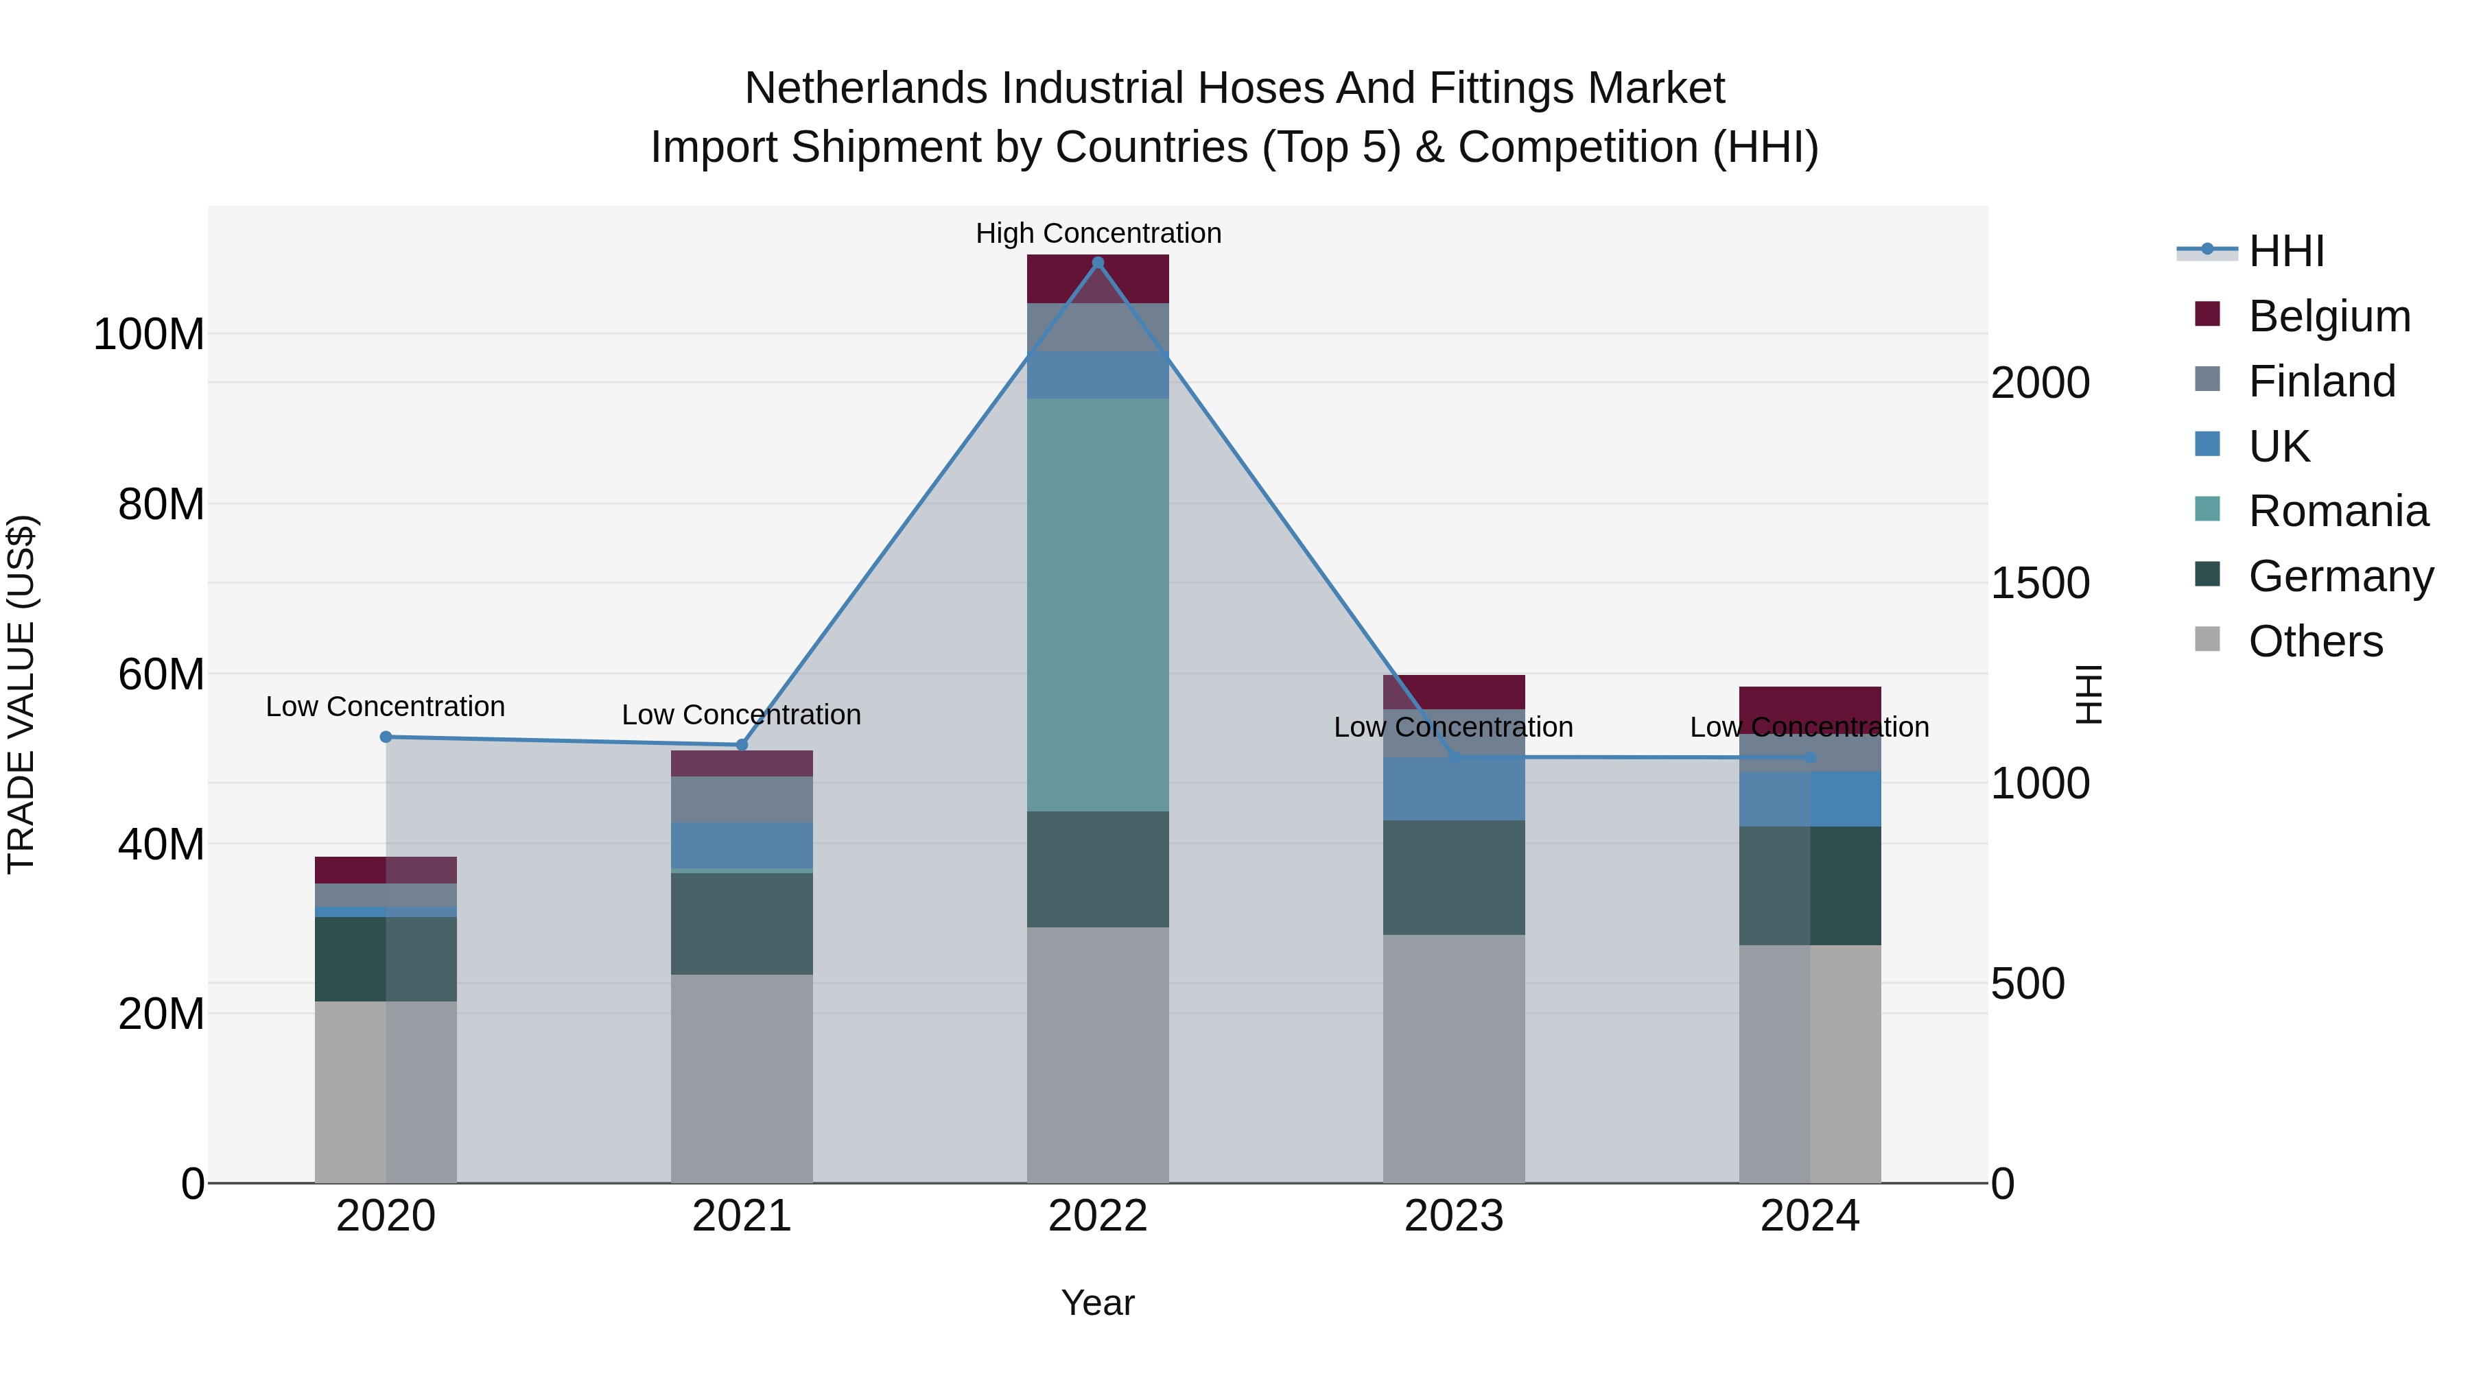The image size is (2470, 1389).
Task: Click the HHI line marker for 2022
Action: click(x=1098, y=262)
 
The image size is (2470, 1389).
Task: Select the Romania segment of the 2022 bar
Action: click(x=1098, y=604)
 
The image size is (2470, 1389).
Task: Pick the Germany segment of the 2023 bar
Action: click(x=1454, y=877)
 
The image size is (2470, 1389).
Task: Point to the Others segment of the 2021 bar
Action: click(x=741, y=1078)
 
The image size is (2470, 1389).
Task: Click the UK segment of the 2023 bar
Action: click(x=1454, y=789)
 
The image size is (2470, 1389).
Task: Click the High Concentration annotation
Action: click(x=1098, y=233)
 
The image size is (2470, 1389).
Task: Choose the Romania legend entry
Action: click(x=2337, y=511)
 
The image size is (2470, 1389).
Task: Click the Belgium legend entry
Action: click(x=2328, y=316)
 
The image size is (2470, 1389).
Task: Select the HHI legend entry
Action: click(x=2286, y=251)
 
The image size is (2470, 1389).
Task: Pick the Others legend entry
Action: click(x=2315, y=641)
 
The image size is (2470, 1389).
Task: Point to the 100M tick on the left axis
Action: click(x=149, y=335)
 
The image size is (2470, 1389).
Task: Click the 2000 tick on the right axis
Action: click(x=2040, y=383)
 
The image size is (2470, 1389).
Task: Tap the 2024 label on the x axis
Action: click(x=1809, y=1216)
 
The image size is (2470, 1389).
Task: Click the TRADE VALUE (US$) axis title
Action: click(x=21, y=694)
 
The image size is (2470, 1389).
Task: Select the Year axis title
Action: click(x=1098, y=1303)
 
